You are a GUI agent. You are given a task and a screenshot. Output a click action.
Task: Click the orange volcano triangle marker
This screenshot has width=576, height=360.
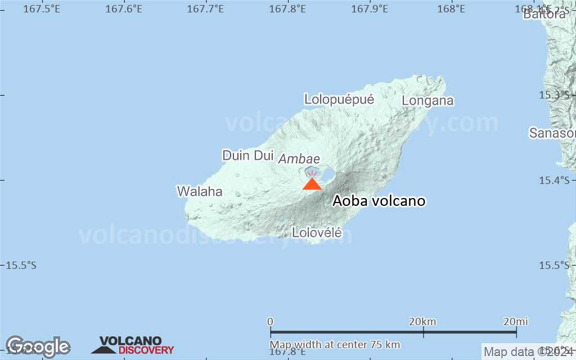[312, 184]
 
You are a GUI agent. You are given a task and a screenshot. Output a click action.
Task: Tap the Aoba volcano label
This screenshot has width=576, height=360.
[379, 201]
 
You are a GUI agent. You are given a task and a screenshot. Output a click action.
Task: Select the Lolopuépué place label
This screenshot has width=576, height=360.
[339, 100]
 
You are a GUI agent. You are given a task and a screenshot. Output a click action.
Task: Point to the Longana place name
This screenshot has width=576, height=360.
[427, 101]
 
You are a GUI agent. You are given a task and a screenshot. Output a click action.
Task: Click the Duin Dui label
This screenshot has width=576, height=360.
[247, 155]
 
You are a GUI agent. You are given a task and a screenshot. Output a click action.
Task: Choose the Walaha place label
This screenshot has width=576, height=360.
[200, 191]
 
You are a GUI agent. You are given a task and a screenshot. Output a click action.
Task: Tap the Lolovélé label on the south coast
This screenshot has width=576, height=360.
[317, 232]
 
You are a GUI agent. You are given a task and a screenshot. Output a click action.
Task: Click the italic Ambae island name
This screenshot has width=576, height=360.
[299, 159]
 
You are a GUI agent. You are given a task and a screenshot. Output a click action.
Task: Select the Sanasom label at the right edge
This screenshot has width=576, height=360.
[552, 133]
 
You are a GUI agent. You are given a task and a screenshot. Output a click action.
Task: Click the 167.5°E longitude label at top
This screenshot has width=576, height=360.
[42, 9]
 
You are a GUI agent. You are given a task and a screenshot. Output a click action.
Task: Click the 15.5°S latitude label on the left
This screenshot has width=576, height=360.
[20, 265]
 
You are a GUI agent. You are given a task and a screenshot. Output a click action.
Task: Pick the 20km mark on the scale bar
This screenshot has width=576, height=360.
[422, 321]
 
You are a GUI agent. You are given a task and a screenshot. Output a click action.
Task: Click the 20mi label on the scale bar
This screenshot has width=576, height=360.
[515, 321]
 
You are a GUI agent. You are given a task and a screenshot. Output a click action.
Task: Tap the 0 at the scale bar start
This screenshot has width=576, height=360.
[271, 321]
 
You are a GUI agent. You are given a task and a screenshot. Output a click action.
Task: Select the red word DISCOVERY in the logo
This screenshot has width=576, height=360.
[146, 350]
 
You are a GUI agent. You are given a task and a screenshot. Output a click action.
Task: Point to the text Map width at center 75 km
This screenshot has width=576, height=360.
[335, 344]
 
